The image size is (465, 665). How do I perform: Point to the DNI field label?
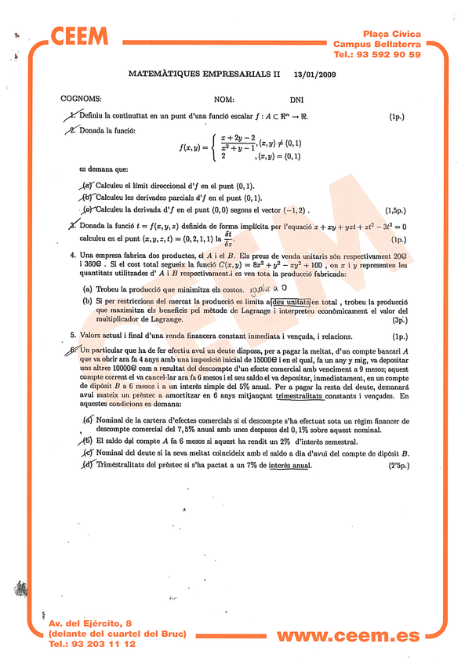pyautogui.click(x=296, y=100)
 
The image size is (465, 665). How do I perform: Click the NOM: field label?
pyautogui.click(x=224, y=100)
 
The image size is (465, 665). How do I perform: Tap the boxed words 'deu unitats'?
pyautogui.click(x=289, y=301)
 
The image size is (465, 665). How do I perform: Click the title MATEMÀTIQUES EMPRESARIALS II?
pyautogui.click(x=203, y=74)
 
